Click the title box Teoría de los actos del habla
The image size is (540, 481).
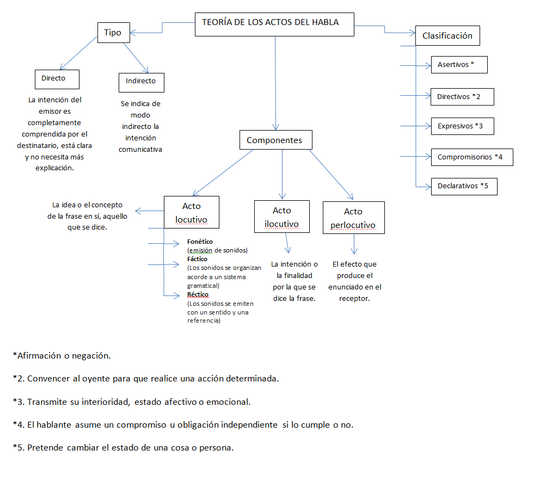point(274,24)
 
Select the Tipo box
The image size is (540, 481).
point(113,33)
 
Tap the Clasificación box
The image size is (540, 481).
point(447,36)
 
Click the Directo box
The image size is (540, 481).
point(57,79)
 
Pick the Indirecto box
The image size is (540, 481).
point(141,82)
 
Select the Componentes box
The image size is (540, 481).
point(275,140)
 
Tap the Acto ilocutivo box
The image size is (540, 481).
point(281,217)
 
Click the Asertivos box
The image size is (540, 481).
point(458,65)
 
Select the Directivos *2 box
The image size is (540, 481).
point(462,97)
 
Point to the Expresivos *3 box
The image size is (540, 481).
point(462,126)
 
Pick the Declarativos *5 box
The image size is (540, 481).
point(463,186)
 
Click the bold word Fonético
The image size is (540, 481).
point(200,241)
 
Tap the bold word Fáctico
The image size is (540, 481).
point(197,259)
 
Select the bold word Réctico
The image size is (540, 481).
point(198,294)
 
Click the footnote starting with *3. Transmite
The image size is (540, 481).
point(131,402)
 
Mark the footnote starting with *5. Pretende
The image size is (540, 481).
point(123,448)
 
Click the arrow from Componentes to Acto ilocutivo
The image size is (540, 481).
point(282,174)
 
